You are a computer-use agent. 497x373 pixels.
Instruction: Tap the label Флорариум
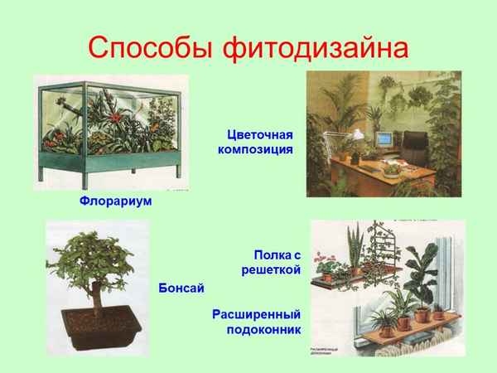(116, 201)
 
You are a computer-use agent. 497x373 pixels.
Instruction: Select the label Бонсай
(181, 287)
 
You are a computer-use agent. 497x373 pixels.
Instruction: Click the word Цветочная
(261, 133)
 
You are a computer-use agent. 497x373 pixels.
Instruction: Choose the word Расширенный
(256, 314)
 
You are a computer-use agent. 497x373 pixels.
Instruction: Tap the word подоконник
(263, 329)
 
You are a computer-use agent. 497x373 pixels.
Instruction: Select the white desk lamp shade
(358, 133)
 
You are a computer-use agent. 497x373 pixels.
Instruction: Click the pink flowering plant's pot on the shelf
(328, 277)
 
